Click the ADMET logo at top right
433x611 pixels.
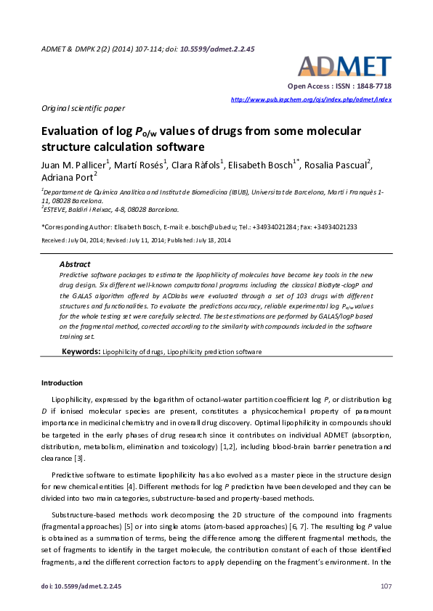pos(344,66)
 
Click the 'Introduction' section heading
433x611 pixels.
pos(62,382)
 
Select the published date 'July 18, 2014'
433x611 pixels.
pos(207,239)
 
